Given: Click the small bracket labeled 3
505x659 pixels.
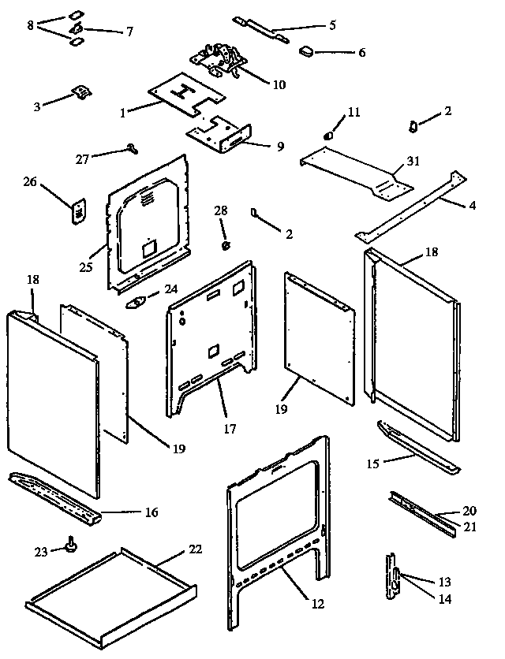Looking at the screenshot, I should coord(80,93).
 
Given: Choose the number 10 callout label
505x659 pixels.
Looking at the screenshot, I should coord(277,84).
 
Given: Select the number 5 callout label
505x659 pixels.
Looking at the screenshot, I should coord(332,25).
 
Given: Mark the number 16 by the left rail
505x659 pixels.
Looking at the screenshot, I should coord(151,512).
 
